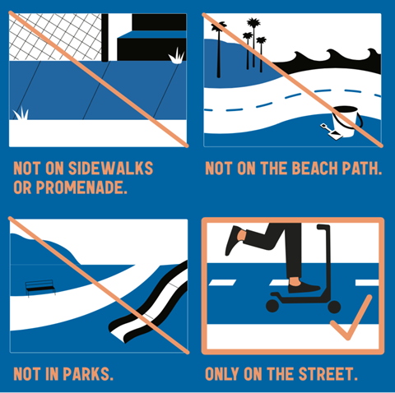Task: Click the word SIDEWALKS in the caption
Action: coord(110,168)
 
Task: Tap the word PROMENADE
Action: coord(81,187)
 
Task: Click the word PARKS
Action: coord(87,373)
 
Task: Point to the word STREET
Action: coord(328,373)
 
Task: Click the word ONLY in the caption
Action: coord(221,373)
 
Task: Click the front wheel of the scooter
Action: coord(334,307)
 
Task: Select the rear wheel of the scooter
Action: coord(272,306)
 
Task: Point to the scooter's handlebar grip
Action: coord(323,227)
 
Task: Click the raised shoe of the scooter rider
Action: coord(233,240)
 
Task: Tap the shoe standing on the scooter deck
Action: coord(304,288)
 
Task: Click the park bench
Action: coord(40,288)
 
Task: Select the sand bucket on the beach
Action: coord(346,122)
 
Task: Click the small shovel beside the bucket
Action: coord(331,132)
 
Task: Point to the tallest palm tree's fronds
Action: coord(253,23)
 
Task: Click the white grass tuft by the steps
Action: coord(176,56)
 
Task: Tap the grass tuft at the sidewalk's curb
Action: coord(21,113)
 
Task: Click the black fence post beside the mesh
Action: coord(105,38)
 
